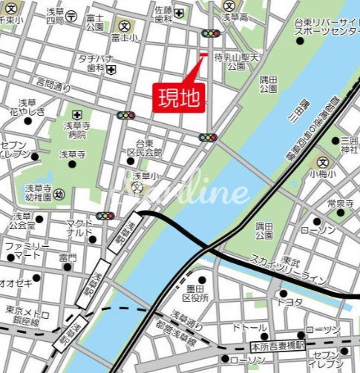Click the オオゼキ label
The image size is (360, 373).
[14, 283]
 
